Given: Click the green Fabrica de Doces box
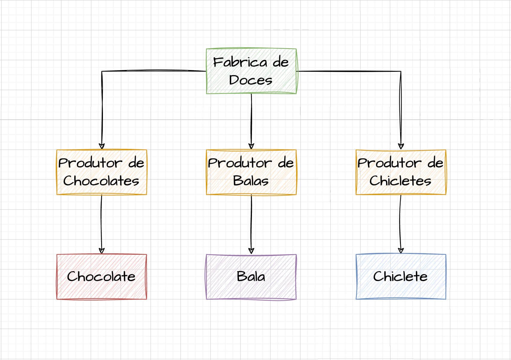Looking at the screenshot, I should point(251,71).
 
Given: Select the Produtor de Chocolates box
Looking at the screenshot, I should point(102,172).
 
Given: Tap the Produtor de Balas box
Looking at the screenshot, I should point(251,172).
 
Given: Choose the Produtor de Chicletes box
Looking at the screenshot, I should point(401,172).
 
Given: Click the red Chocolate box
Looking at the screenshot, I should point(102,277).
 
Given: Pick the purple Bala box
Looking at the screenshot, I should point(251,277).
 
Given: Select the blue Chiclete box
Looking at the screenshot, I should point(401,277).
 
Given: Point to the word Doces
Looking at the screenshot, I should point(251,80).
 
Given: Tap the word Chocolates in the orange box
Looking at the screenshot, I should point(101,181).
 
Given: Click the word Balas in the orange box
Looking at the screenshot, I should point(251,181).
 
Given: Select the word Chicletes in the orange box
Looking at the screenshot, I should point(400,181).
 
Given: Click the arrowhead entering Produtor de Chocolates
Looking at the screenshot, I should point(102,146).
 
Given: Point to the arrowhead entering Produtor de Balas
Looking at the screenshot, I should point(251,146).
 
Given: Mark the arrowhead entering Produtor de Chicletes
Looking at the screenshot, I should point(401,146).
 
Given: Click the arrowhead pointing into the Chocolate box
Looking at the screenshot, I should point(102,251).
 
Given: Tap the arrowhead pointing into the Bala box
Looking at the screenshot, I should point(251,251).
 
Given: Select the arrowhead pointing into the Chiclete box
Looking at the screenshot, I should point(401,251).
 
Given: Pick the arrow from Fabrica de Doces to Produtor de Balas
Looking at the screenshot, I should point(251,120).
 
